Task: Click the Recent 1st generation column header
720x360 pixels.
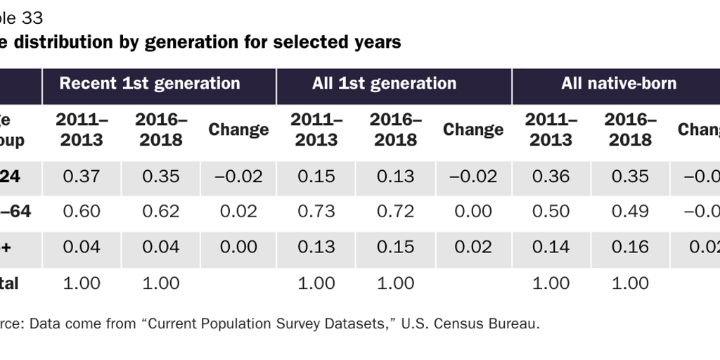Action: (x=150, y=84)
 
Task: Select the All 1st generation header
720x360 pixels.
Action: (x=384, y=84)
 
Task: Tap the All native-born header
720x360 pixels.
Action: (x=619, y=84)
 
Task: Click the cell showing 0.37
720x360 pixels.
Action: (x=82, y=176)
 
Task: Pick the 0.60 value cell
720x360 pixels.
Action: (x=82, y=212)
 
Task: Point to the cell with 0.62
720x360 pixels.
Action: (x=161, y=212)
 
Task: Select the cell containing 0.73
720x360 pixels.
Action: (x=316, y=212)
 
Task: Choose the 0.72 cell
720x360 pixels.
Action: (x=395, y=212)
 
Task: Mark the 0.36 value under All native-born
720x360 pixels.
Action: (x=551, y=176)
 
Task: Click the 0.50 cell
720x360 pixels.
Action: (x=551, y=212)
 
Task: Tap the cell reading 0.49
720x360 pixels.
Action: (x=630, y=212)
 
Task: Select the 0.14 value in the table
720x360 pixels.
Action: (x=551, y=247)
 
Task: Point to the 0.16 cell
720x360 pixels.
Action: (x=630, y=247)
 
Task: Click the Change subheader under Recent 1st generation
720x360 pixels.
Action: (x=238, y=129)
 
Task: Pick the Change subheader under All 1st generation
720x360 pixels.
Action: (x=473, y=129)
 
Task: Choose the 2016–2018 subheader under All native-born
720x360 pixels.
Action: (x=630, y=129)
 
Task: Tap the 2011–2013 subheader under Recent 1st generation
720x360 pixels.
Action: (x=82, y=129)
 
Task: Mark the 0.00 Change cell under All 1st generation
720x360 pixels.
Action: (x=473, y=212)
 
